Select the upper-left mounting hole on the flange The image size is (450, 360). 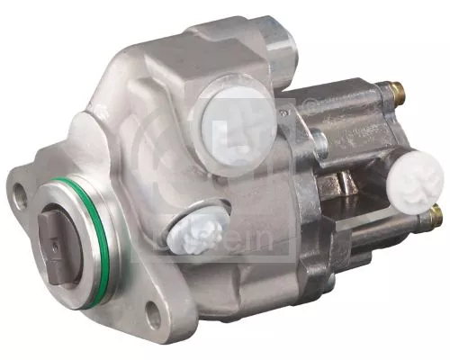pyautogui.click(x=17, y=190)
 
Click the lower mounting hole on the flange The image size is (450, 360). pyautogui.click(x=154, y=314)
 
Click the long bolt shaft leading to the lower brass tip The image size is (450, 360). pyautogui.click(x=396, y=226)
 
